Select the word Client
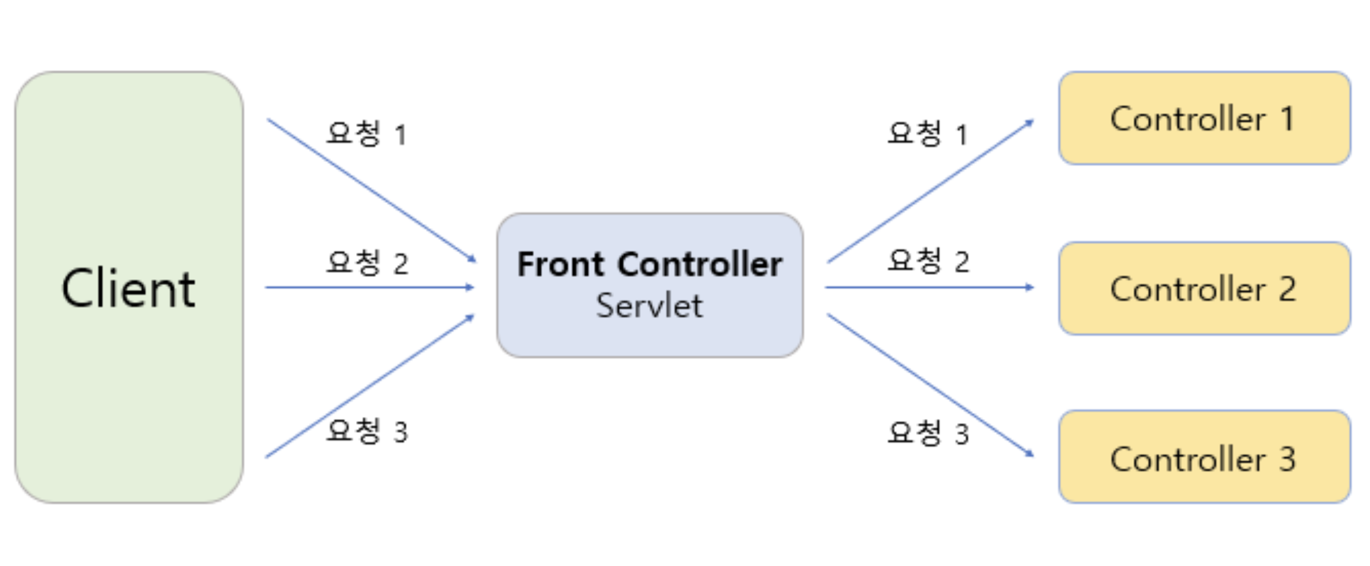pos(129,288)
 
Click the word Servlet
pos(649,306)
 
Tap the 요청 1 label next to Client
pos(366,133)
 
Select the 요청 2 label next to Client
pos(367,262)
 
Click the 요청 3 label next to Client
pos(367,431)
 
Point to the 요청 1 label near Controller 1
pos(927,133)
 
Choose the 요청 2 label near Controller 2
pos(928,261)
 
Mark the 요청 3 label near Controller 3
pos(928,433)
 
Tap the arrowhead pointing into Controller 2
pos(1030,287)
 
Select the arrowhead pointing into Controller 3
pos(1030,454)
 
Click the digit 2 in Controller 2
pos(1287,289)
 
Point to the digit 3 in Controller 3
pos(1287,459)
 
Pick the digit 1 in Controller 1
pos(1287,118)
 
